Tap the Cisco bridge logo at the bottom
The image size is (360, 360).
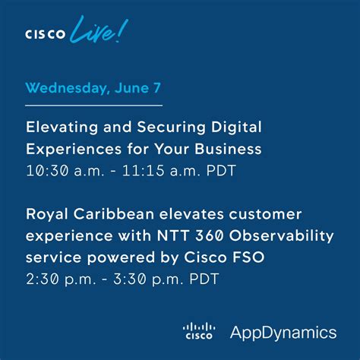[200, 332]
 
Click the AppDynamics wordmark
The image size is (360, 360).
[283, 333]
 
